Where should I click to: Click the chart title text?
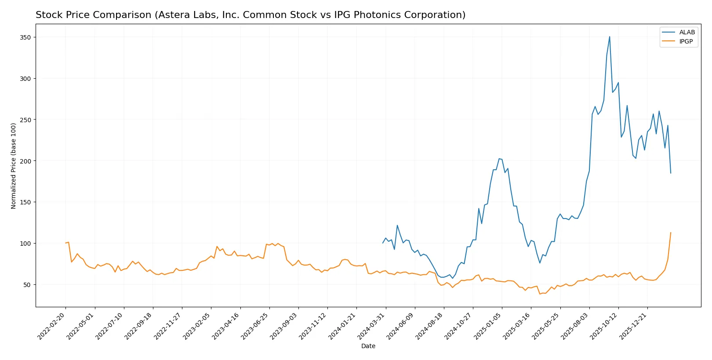click(x=250, y=15)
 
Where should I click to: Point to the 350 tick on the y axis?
click(x=25, y=37)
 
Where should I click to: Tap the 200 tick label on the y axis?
click(x=25, y=161)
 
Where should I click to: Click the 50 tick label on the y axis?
click(x=27, y=284)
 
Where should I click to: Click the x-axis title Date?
click(x=368, y=346)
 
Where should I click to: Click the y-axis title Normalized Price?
click(x=14, y=166)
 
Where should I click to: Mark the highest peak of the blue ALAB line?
click(x=610, y=36)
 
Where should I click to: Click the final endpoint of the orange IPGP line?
click(x=671, y=233)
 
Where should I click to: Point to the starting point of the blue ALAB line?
click(x=383, y=243)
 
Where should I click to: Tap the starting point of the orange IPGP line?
click(x=65, y=243)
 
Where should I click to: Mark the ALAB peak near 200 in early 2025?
click(x=499, y=159)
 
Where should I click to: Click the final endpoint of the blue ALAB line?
click(x=671, y=173)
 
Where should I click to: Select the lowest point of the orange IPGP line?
click(x=540, y=294)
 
